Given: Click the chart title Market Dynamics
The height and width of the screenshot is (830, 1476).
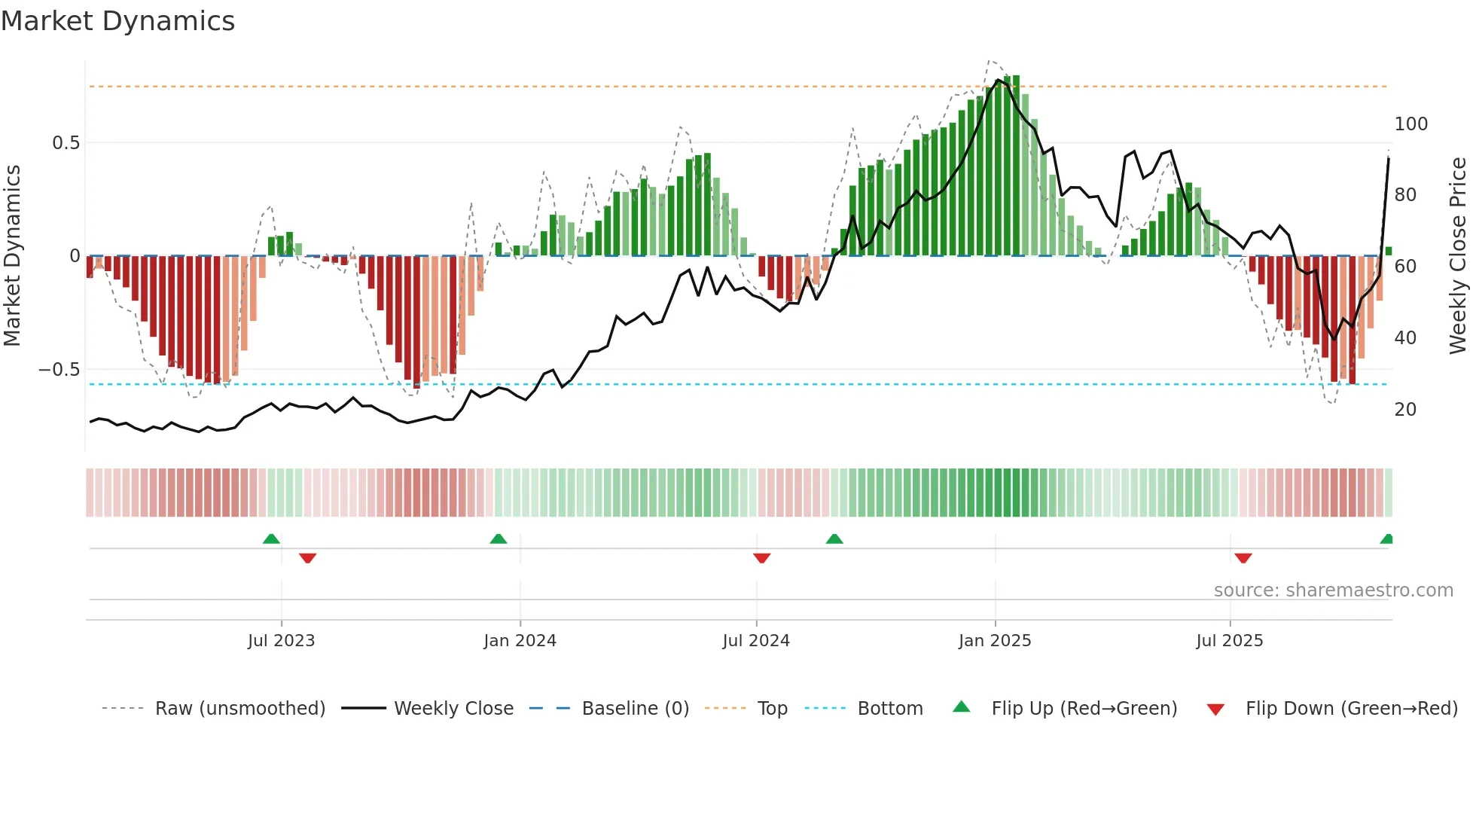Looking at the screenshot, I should click(118, 21).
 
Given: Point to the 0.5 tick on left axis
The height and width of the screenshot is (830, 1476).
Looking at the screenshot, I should click(66, 143).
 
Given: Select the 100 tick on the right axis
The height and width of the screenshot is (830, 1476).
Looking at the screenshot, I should click(1410, 124).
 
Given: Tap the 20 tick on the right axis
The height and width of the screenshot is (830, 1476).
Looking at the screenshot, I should click(1405, 410).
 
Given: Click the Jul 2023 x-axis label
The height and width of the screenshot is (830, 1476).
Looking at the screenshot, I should click(281, 641).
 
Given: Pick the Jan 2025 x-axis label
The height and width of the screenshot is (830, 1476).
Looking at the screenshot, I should click(994, 641).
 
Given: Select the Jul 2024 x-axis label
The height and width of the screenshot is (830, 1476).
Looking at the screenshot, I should click(755, 641).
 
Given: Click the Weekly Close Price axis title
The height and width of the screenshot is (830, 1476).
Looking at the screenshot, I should click(1458, 256).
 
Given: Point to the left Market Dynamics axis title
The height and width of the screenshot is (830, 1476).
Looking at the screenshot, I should click(13, 256).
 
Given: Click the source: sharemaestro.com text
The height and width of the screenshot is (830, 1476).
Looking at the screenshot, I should click(1333, 590).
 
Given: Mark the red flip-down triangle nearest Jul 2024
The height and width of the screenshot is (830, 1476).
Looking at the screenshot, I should click(761, 558).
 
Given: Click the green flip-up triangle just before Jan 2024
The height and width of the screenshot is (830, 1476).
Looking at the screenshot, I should click(498, 539).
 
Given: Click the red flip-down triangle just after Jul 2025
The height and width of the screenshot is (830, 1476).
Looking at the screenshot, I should click(1243, 558).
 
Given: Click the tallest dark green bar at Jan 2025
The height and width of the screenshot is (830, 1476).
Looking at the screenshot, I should click(1016, 166).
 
